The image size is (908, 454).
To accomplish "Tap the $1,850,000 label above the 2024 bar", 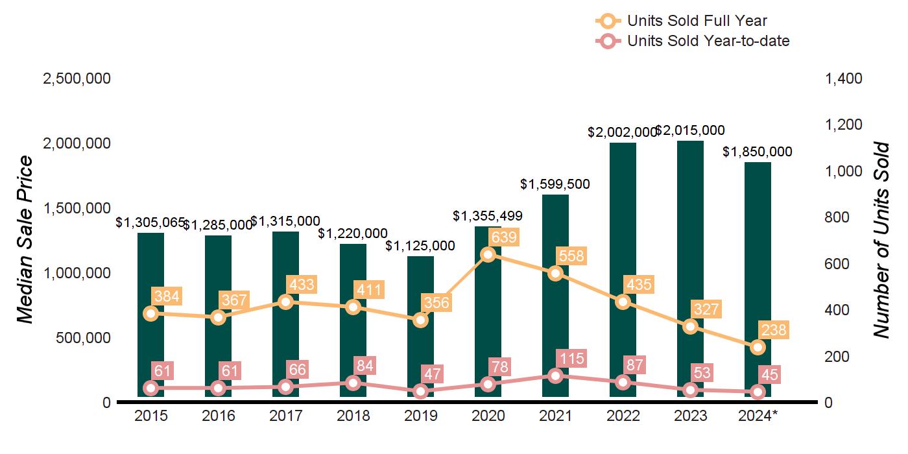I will [x=758, y=152].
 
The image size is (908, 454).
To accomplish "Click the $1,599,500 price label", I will [x=555, y=184].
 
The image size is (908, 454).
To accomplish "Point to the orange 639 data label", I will [x=503, y=237].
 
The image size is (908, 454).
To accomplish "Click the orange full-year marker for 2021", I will [x=555, y=273].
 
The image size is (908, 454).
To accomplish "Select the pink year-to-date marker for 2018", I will [x=353, y=383].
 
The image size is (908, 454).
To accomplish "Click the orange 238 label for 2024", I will [x=773, y=330].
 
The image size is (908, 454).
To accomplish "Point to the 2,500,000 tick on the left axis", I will [x=77, y=78].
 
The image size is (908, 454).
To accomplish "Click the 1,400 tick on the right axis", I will [x=843, y=78].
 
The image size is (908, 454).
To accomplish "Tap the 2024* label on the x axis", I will [x=758, y=416].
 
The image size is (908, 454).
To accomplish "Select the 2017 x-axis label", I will [x=285, y=416].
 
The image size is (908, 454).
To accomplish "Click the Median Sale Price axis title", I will [x=25, y=240].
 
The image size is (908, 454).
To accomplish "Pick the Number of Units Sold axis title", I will [x=881, y=240].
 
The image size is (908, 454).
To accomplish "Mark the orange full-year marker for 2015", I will [x=150, y=313].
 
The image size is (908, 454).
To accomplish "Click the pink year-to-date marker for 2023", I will [x=690, y=390].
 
